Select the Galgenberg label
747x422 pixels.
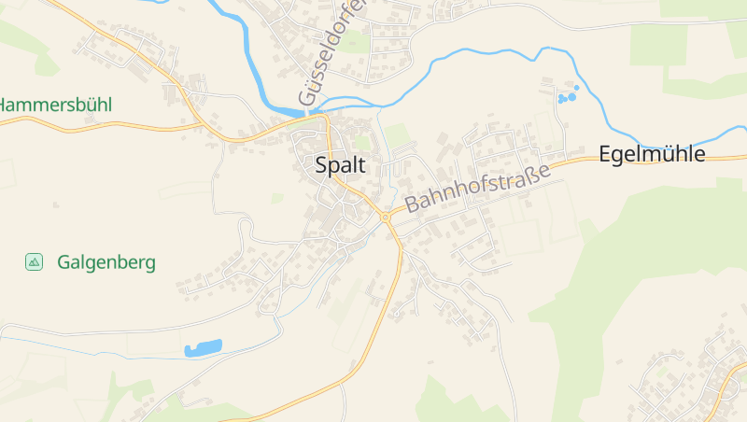(x=106, y=262)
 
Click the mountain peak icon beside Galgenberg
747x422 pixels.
(x=35, y=262)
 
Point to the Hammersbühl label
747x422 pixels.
(x=54, y=105)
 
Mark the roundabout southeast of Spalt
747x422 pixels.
(x=386, y=218)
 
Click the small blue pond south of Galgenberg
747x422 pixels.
(x=203, y=348)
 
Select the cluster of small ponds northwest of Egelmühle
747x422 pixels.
(x=567, y=94)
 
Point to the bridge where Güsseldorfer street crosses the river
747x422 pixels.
(x=308, y=112)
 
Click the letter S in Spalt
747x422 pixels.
(x=322, y=165)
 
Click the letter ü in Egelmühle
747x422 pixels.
(x=667, y=154)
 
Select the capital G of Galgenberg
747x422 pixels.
(x=63, y=262)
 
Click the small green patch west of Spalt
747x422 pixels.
(x=277, y=198)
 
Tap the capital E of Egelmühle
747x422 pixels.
(x=604, y=154)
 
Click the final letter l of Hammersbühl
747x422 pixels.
(x=108, y=105)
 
